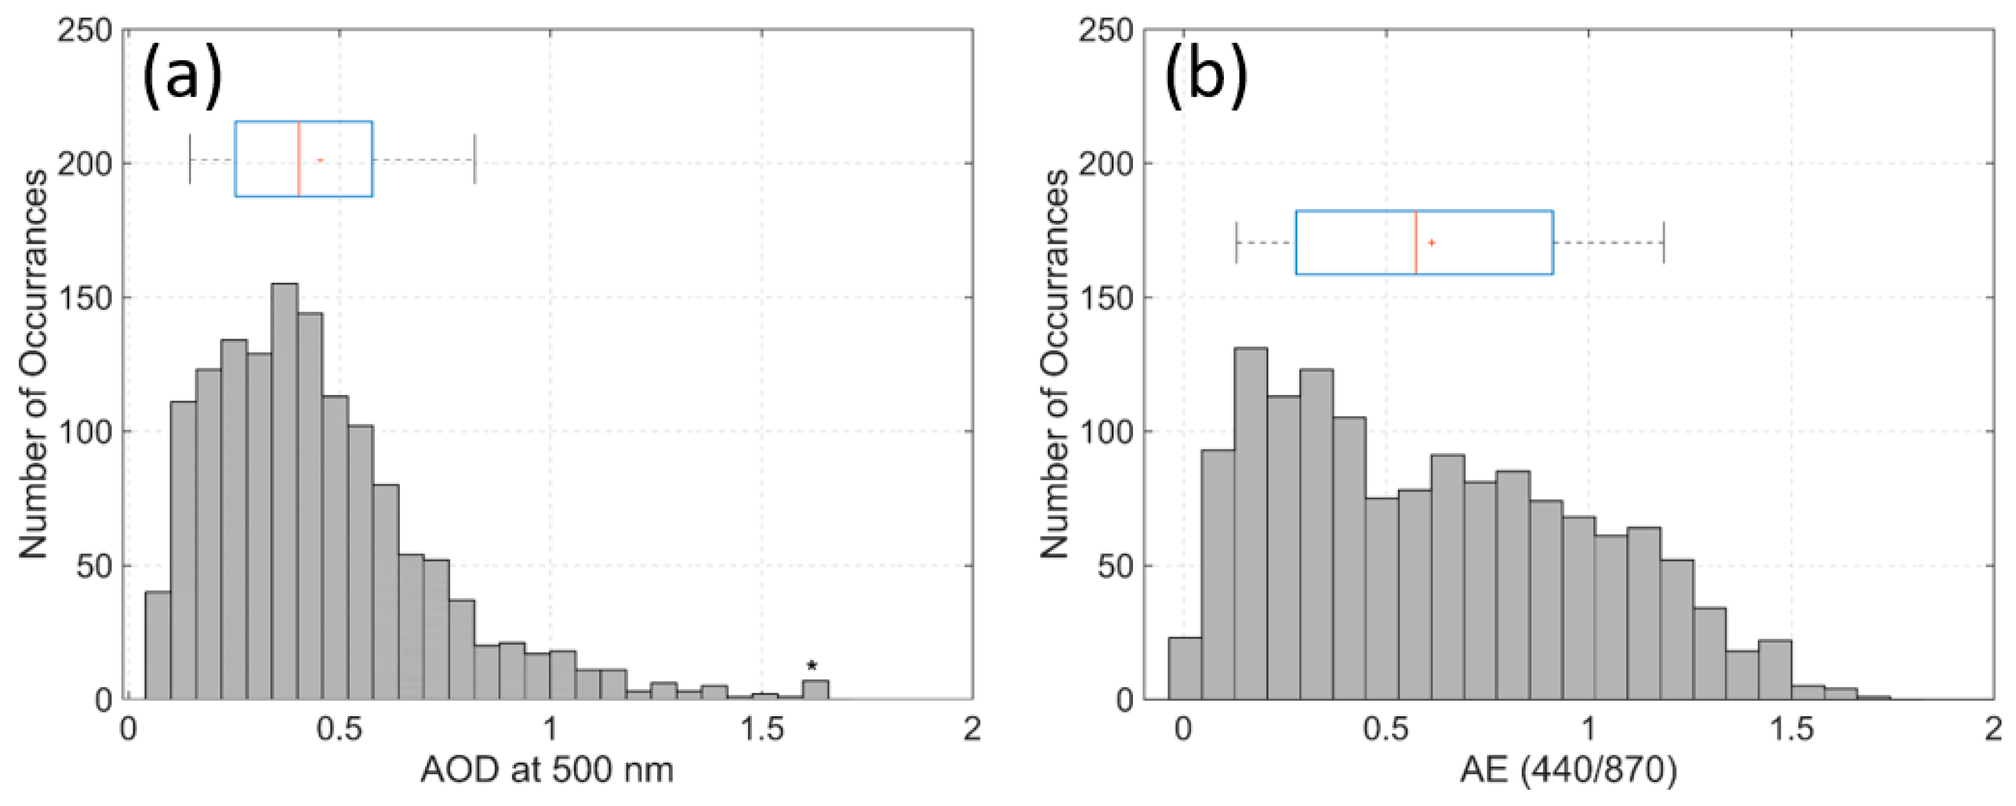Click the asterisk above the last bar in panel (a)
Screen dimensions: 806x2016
(x=812, y=667)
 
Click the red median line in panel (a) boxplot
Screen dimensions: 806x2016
(x=298, y=159)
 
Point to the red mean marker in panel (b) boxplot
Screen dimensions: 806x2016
(x=1431, y=243)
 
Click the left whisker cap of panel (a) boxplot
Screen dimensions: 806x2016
(x=190, y=160)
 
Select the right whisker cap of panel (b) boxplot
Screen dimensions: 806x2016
(x=1664, y=243)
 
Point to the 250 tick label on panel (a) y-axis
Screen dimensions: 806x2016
(x=85, y=31)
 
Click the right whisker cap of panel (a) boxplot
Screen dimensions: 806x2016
(x=475, y=160)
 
